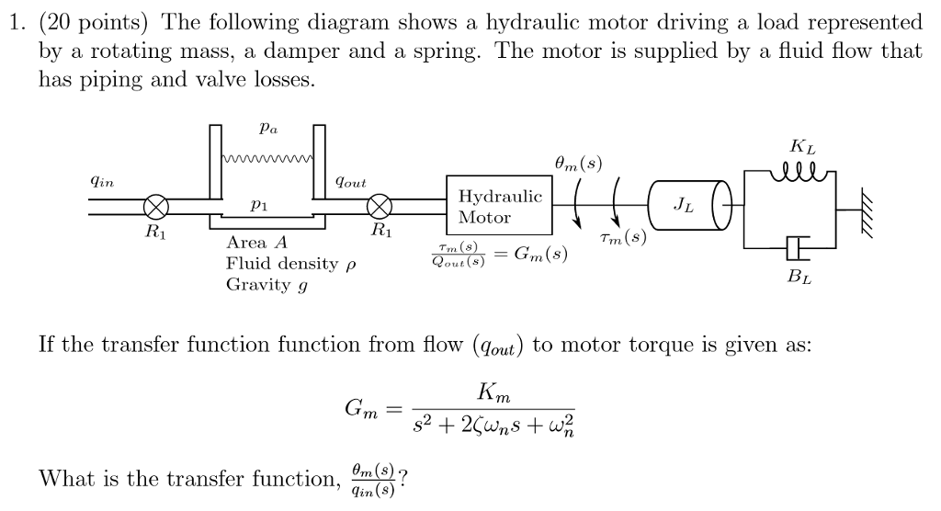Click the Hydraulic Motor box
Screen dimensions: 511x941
click(x=499, y=207)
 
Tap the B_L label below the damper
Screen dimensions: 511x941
click(x=800, y=276)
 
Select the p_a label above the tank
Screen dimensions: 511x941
click(x=266, y=131)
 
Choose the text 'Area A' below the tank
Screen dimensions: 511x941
click(x=257, y=244)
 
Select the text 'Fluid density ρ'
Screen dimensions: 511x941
click(x=289, y=265)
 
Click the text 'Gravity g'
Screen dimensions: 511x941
click(x=266, y=285)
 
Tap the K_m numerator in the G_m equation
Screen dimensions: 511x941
click(x=493, y=394)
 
